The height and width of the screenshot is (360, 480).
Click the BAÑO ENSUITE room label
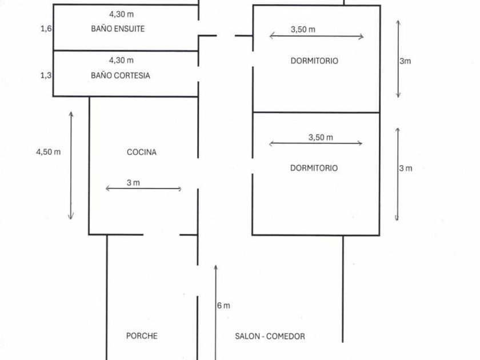118,29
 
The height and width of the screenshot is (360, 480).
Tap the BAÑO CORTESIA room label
121,75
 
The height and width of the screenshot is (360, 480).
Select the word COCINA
141,152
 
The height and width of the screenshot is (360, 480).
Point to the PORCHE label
142,336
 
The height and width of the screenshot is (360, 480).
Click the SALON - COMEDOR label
270,336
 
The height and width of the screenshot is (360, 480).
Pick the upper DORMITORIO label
314,61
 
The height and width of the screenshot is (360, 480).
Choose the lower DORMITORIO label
314,168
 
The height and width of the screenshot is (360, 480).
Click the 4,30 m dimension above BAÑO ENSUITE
121,14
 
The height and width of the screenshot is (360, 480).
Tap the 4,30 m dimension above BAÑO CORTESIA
121,60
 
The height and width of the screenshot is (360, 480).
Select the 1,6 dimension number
46,28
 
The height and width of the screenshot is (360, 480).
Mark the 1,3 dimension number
46,75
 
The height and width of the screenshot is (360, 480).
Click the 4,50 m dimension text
48,152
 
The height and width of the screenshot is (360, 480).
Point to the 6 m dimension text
224,306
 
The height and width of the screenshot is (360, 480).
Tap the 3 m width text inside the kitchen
133,183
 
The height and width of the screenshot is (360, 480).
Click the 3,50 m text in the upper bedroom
303,29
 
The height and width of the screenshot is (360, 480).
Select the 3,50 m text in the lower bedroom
321,137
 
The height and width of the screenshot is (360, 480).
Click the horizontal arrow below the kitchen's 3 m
143,189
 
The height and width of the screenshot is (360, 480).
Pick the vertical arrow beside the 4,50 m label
71,166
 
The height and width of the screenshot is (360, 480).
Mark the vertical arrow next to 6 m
215,311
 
